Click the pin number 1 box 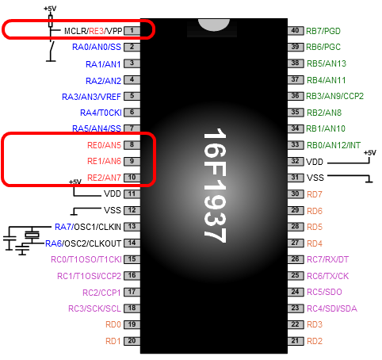(x=132, y=31)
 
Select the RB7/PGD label (x=323, y=31)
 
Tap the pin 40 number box (x=296, y=31)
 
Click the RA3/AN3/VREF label (x=91, y=97)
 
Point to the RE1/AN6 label (x=104, y=161)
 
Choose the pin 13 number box (x=132, y=227)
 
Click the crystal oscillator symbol (x=32, y=235)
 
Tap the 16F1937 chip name (x=215, y=186)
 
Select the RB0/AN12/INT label (x=334, y=145)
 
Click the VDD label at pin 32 (x=315, y=162)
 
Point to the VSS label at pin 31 (x=315, y=178)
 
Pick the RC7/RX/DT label (x=327, y=259)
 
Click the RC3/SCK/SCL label (x=94, y=308)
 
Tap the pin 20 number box (x=132, y=341)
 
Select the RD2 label (x=315, y=341)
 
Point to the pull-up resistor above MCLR (x=51, y=21)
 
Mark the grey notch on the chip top (x=214, y=25)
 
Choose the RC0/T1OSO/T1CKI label (x=86, y=259)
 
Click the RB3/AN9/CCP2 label (x=334, y=96)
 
